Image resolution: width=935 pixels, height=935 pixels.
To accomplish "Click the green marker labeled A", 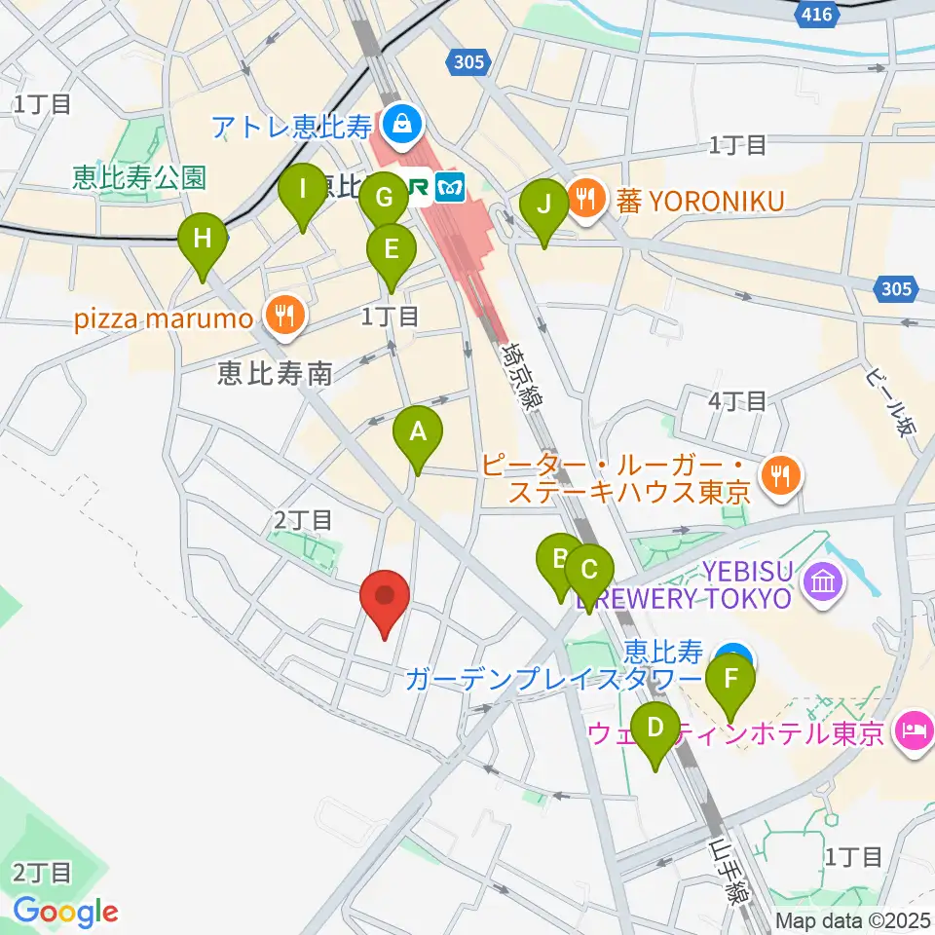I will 417,431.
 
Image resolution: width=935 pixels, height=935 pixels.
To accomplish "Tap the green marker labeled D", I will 655,728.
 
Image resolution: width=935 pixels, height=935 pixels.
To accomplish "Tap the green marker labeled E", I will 391,251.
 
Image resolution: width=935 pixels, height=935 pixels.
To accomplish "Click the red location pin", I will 385,596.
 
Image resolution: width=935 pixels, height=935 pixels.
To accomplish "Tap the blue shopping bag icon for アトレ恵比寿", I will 400,123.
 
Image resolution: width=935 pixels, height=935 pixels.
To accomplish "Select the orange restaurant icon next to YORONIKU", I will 585,200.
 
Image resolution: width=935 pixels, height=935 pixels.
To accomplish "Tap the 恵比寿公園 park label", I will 139,177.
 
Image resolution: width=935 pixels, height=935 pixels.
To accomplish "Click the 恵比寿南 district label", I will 276,372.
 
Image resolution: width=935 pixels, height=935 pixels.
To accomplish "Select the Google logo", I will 65,911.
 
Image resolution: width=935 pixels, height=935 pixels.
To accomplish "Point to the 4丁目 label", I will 737,399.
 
